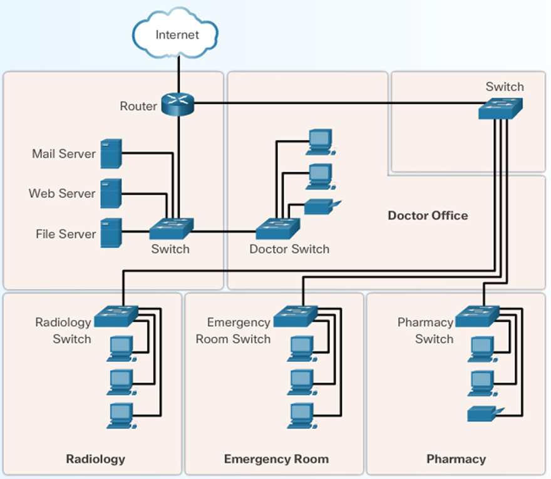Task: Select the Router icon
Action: [178, 103]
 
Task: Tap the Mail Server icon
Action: [111, 154]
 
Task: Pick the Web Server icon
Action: [111, 194]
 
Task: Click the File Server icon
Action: [111, 234]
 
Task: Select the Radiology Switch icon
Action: [116, 316]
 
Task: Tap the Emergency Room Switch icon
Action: [295, 316]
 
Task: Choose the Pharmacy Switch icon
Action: [477, 316]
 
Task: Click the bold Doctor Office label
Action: [428, 216]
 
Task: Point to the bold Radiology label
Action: [95, 459]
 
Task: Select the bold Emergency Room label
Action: [276, 459]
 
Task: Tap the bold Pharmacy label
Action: [456, 459]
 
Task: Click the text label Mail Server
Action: [64, 154]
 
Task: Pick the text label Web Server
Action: [62, 194]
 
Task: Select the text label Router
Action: [138, 106]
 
